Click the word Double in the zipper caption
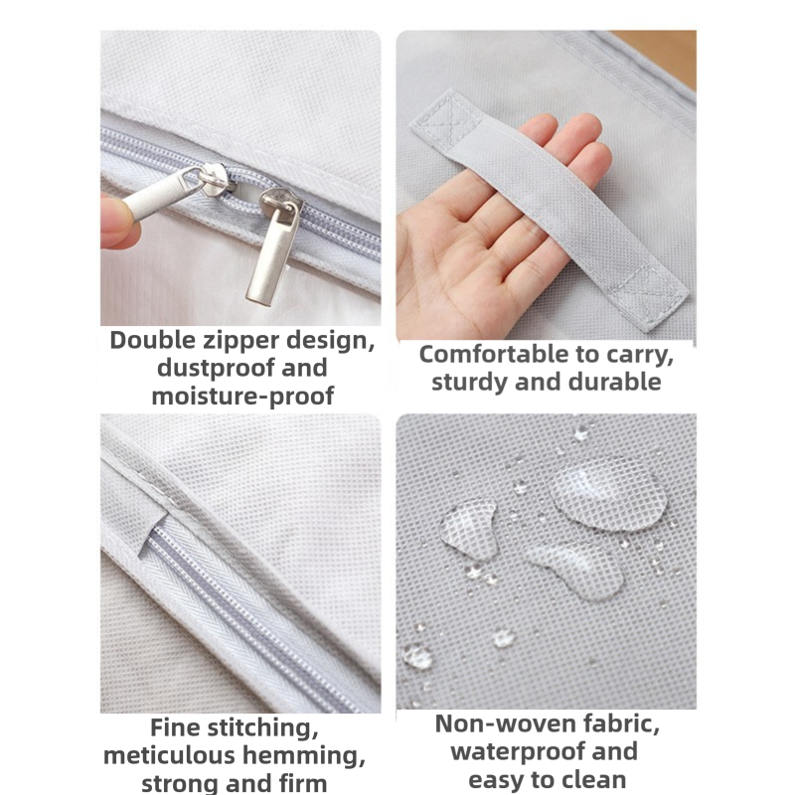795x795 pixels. pos(153,340)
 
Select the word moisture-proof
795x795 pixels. pos(242,397)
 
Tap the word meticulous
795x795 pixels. pos(171,756)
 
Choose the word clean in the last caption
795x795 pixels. pos(593,780)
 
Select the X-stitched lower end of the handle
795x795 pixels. pos(648,298)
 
